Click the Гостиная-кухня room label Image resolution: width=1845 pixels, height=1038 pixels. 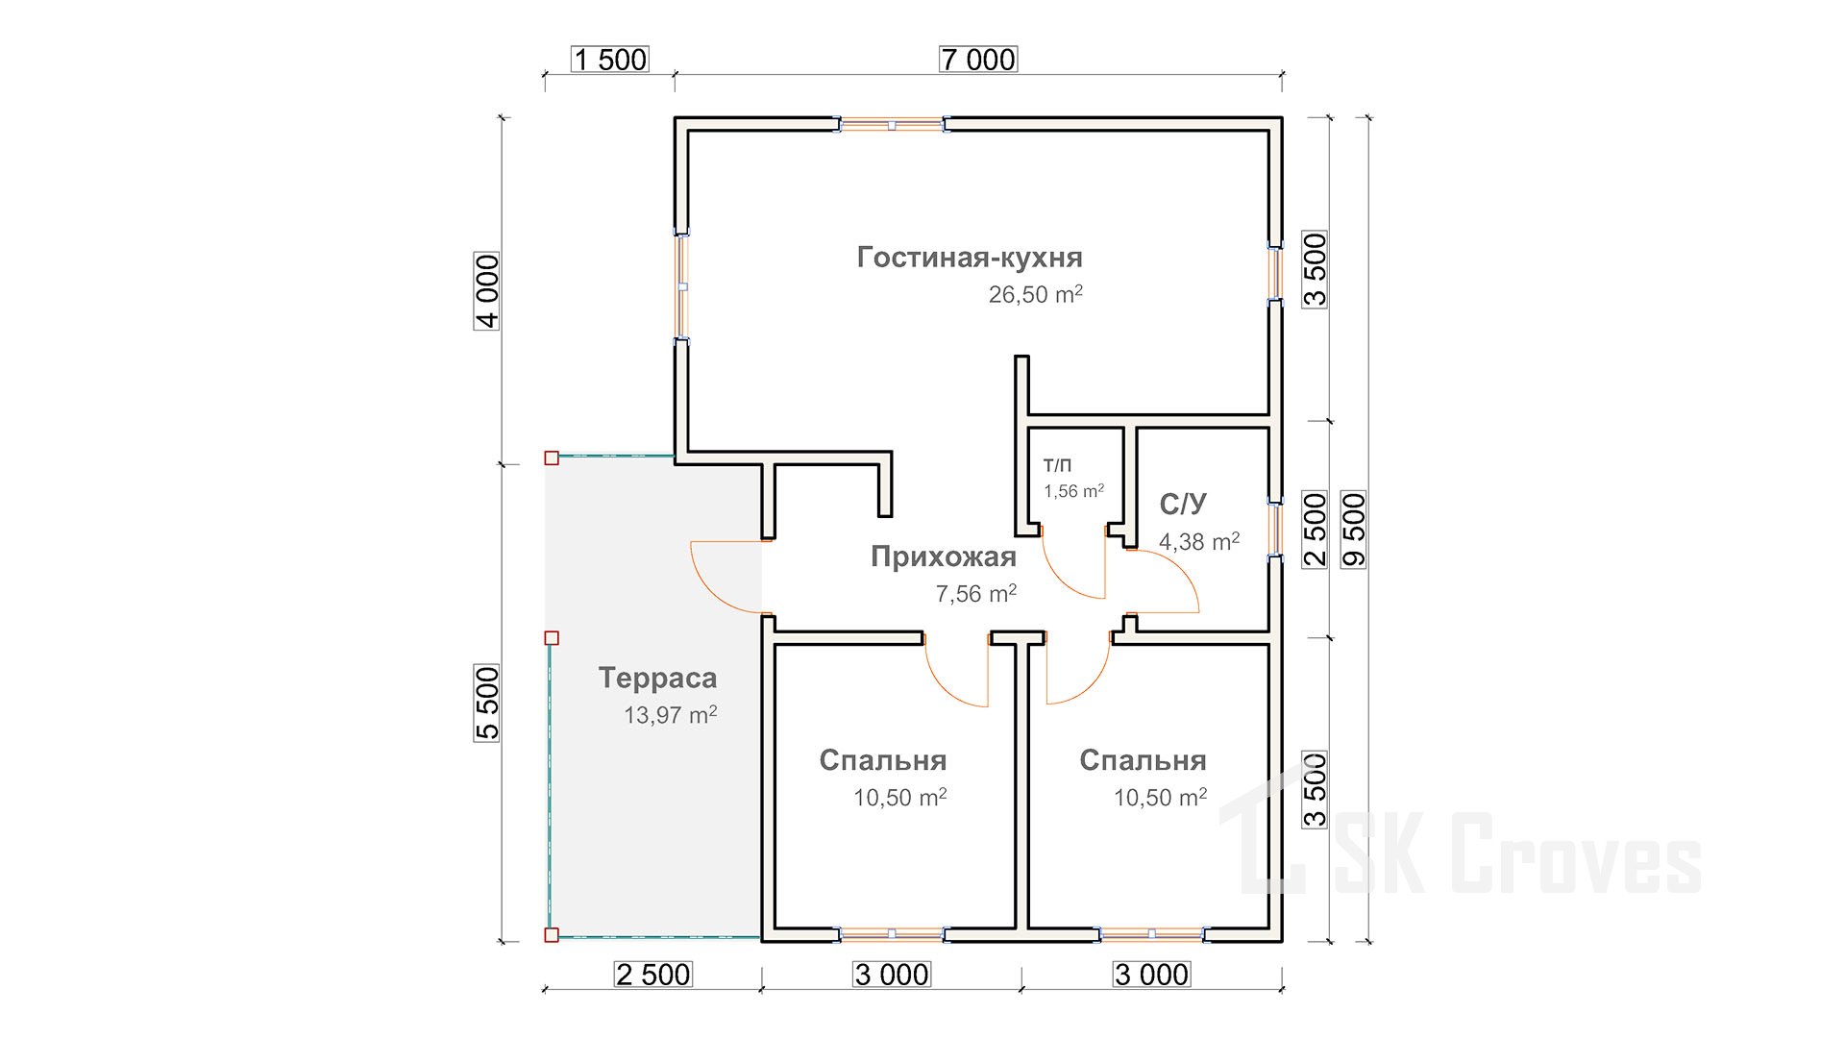pyautogui.click(x=970, y=258)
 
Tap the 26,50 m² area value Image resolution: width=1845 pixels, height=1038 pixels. pyautogui.click(x=1035, y=294)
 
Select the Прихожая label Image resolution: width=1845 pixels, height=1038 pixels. pyautogui.click(x=943, y=556)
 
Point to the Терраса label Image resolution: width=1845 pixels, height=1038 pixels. pyautogui.click(x=657, y=678)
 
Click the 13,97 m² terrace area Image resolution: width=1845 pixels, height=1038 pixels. pyautogui.click(x=670, y=715)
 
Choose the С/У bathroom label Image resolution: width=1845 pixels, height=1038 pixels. pyautogui.click(x=1183, y=505)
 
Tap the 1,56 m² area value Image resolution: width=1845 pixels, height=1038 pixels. pyautogui.click(x=1073, y=491)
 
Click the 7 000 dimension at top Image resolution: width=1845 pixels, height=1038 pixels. pyautogui.click(x=977, y=60)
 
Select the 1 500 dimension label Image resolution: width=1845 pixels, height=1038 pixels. pyautogui.click(x=609, y=60)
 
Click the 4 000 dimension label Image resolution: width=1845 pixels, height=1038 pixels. pyautogui.click(x=488, y=291)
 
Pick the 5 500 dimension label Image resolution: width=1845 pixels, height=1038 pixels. pyautogui.click(x=488, y=703)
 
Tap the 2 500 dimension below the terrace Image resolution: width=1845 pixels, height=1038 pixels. pyautogui.click(x=652, y=975)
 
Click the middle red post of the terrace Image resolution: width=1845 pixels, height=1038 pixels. pyautogui.click(x=552, y=637)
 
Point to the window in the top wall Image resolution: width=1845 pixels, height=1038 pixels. pyautogui.click(x=892, y=125)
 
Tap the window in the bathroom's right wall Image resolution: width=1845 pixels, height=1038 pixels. pyautogui.click(x=1275, y=528)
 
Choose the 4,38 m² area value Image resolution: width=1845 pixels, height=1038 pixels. pyautogui.click(x=1198, y=542)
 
